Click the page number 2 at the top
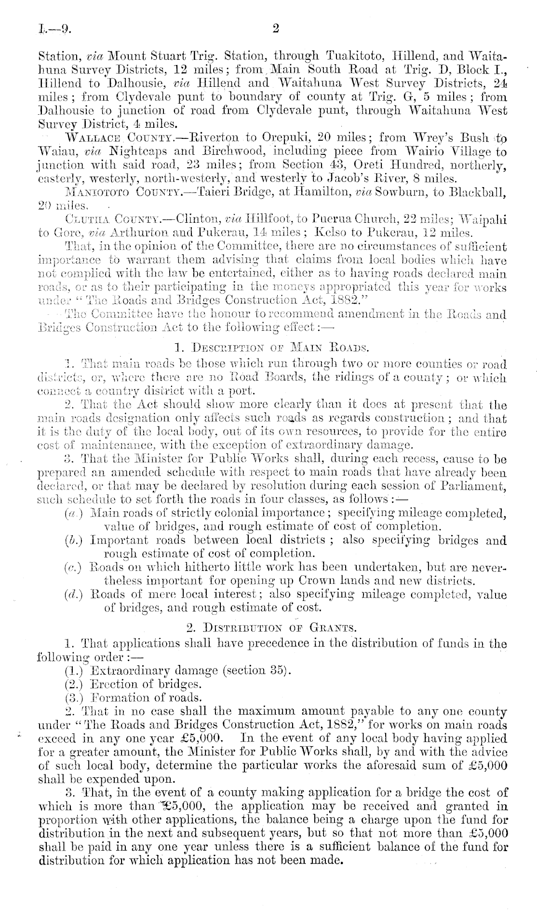[276, 28]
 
